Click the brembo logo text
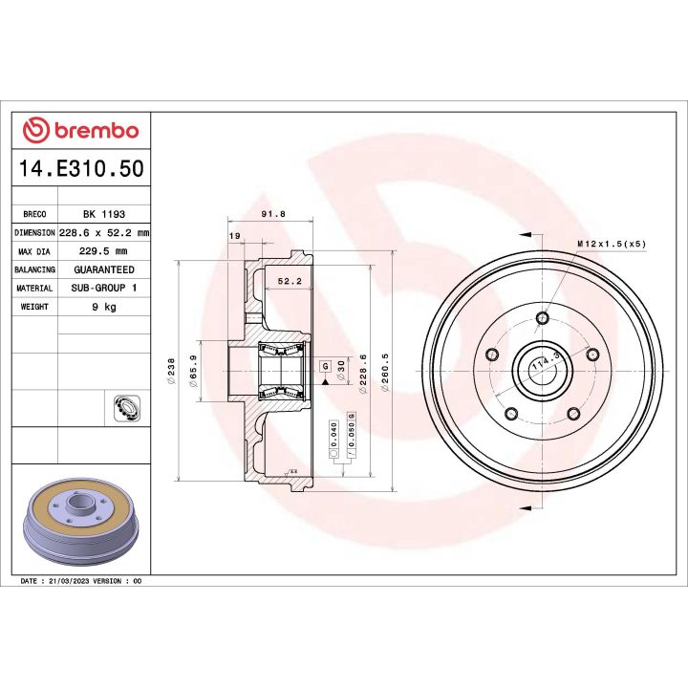click(x=93, y=131)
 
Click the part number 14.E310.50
click(x=81, y=169)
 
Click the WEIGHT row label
click(x=34, y=307)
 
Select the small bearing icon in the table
click(x=124, y=408)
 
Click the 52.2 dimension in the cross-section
click(x=289, y=281)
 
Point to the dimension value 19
click(x=234, y=236)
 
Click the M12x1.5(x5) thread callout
click(x=612, y=244)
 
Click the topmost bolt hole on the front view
click(x=542, y=318)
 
